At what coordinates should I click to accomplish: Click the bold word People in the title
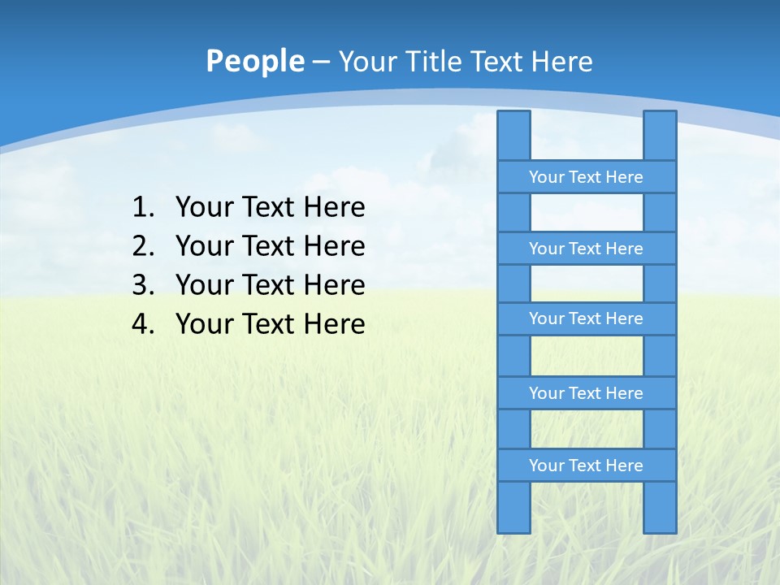click(255, 61)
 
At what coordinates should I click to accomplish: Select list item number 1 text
click(270, 207)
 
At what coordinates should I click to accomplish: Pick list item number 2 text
click(270, 246)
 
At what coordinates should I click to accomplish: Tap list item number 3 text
click(270, 285)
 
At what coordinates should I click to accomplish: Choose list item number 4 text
click(270, 324)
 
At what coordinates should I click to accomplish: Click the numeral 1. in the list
click(142, 207)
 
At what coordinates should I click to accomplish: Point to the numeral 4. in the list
click(142, 324)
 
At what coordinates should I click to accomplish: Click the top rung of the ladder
click(586, 177)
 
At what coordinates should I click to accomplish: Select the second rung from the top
click(586, 249)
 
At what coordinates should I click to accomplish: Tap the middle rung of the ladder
click(586, 318)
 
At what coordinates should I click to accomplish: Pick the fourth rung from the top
click(586, 393)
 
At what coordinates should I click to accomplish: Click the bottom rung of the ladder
click(586, 466)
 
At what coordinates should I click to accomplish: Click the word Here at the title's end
click(561, 61)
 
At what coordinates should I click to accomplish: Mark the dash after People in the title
click(321, 62)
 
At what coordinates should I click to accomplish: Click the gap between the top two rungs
click(587, 213)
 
